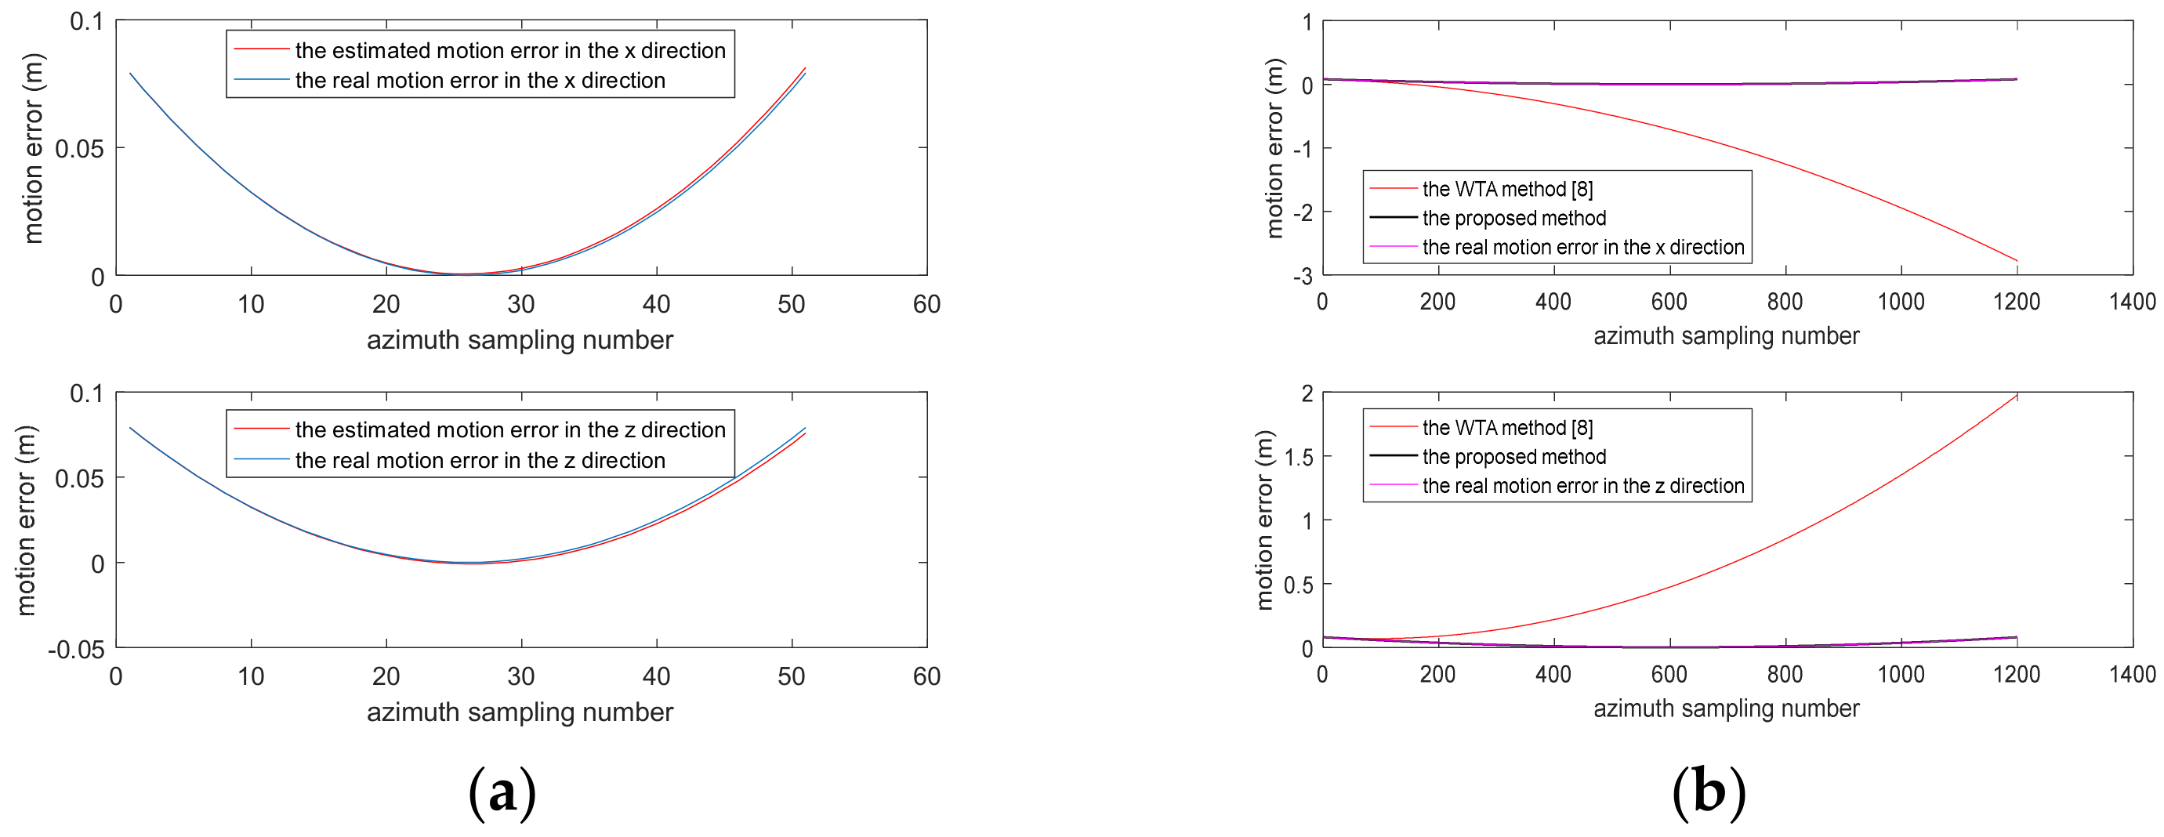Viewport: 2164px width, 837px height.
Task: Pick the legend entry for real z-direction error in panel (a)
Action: click(480, 461)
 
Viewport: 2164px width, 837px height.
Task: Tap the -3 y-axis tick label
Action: click(1302, 277)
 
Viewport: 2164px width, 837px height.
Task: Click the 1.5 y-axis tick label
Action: click(1298, 457)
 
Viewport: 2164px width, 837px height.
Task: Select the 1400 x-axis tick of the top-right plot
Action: click(2132, 302)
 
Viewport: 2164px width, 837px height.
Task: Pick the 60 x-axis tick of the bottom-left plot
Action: click(926, 676)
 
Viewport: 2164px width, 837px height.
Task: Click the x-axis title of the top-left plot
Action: click(520, 339)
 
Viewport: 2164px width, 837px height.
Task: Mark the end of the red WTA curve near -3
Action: click(2016, 260)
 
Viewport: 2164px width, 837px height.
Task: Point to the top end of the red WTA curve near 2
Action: click(2016, 396)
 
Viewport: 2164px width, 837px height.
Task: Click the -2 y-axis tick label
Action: click(1302, 212)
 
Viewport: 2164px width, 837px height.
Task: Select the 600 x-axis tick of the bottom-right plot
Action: click(1669, 674)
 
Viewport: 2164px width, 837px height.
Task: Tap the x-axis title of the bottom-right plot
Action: click(1727, 708)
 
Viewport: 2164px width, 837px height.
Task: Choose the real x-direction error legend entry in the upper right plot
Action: click(1582, 247)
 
